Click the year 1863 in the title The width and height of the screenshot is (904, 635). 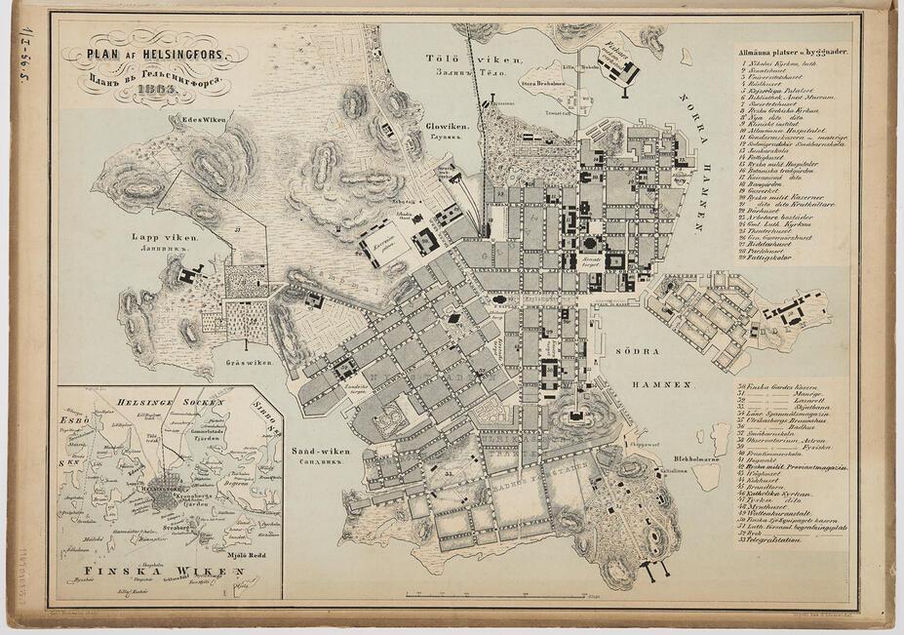(156, 91)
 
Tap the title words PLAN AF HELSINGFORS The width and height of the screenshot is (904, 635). (156, 55)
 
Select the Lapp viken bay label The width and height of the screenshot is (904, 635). (166, 236)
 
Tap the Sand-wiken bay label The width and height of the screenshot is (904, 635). (320, 452)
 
